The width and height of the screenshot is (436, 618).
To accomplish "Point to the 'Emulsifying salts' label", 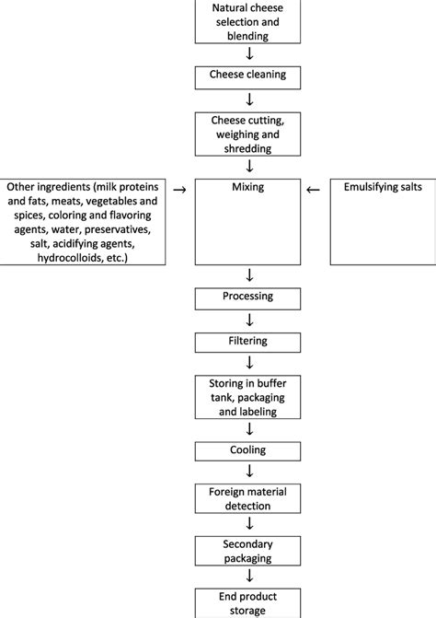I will (x=380, y=187).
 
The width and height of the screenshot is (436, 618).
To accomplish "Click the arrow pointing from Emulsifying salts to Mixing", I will (x=314, y=189).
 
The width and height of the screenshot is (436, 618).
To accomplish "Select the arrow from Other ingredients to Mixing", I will (x=179, y=189).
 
